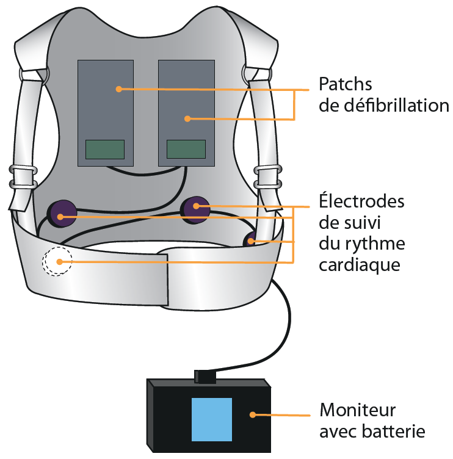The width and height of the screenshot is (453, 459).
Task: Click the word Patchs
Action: [346, 84]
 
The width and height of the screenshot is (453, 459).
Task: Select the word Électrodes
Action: [361, 201]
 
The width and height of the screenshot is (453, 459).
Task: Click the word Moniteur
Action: [358, 409]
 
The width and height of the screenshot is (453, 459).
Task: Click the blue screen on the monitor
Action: [211, 419]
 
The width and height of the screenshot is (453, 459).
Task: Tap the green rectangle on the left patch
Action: [104, 150]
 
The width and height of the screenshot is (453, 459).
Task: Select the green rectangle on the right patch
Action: [186, 150]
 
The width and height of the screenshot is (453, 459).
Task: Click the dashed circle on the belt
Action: [57, 262]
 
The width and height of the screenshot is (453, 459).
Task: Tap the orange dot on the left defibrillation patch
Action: [119, 89]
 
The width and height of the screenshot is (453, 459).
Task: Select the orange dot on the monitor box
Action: [252, 414]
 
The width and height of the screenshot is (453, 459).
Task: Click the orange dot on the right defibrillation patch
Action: [188, 118]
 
